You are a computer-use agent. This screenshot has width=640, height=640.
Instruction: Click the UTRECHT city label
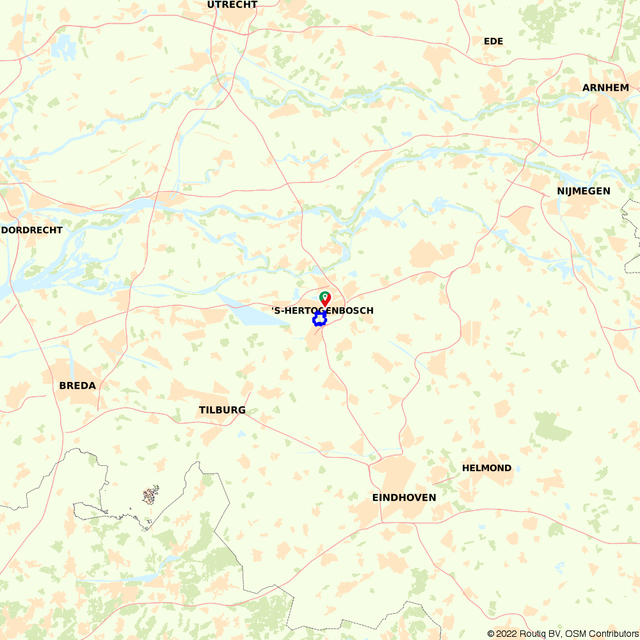[x=232, y=4]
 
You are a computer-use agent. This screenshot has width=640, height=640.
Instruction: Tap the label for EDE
[x=493, y=41]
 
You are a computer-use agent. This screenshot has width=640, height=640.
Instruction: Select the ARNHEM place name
[x=605, y=87]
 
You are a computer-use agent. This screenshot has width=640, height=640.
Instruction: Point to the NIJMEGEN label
[x=583, y=191]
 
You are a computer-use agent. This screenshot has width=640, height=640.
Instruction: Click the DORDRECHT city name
[x=32, y=230]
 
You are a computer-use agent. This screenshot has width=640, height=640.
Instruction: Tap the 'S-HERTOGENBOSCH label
[x=323, y=310]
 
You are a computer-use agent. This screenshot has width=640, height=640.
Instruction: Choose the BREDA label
[x=77, y=385]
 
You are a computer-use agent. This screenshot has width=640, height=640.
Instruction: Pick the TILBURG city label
[x=222, y=410]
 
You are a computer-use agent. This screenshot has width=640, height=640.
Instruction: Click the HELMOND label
[x=487, y=468]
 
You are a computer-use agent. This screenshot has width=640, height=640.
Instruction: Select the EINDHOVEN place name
[x=404, y=497]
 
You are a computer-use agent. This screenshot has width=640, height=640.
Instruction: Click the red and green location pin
[x=325, y=298]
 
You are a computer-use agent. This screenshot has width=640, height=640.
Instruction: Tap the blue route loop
[x=319, y=319]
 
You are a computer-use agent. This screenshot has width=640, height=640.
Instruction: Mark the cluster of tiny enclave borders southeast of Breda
[x=150, y=495]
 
